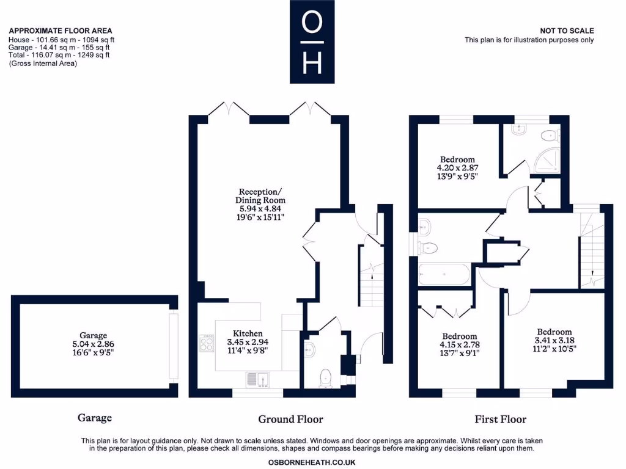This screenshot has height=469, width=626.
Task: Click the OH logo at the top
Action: tap(312, 42)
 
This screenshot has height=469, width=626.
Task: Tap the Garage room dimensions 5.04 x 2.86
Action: tap(93, 344)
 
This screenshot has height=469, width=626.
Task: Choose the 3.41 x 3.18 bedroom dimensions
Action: tap(553, 341)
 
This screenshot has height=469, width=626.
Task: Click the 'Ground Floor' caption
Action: tap(290, 419)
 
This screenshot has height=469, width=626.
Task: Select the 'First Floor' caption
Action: tap(500, 419)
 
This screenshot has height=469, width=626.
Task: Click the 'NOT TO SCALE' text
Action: tap(567, 31)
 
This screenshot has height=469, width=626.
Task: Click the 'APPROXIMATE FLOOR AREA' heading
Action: tap(61, 31)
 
